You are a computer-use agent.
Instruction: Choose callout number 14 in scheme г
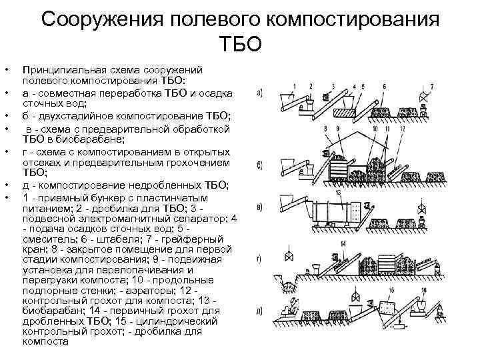point(343,245)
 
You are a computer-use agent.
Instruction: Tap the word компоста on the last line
point(45,341)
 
